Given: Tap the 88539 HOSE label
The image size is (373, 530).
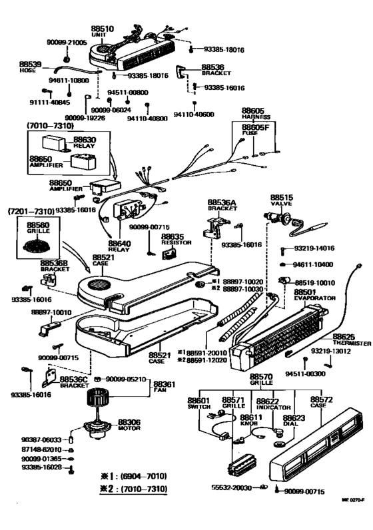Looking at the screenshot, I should tap(32, 67).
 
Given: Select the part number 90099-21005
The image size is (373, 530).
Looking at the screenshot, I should tap(67, 42).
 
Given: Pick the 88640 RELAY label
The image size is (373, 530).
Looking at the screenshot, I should tap(120, 246).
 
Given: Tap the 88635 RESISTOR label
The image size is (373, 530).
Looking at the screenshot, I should tap(173, 239).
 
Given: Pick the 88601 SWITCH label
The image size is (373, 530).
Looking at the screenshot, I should tap(198, 404).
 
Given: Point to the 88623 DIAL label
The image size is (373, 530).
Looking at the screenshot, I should tap(294, 421).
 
